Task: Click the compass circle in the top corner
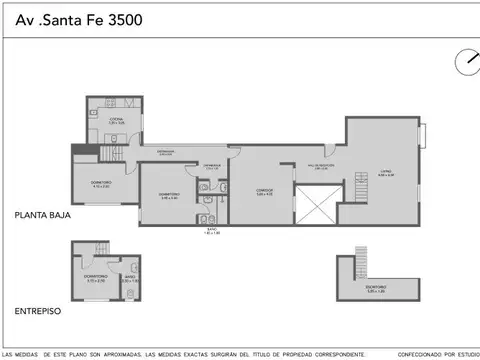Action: click(465, 62)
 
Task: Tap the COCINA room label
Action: click(116, 120)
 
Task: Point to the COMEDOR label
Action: click(264, 191)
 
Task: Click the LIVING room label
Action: click(385, 173)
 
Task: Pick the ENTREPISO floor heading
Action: click(37, 311)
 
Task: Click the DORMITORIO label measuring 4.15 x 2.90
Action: click(100, 185)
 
